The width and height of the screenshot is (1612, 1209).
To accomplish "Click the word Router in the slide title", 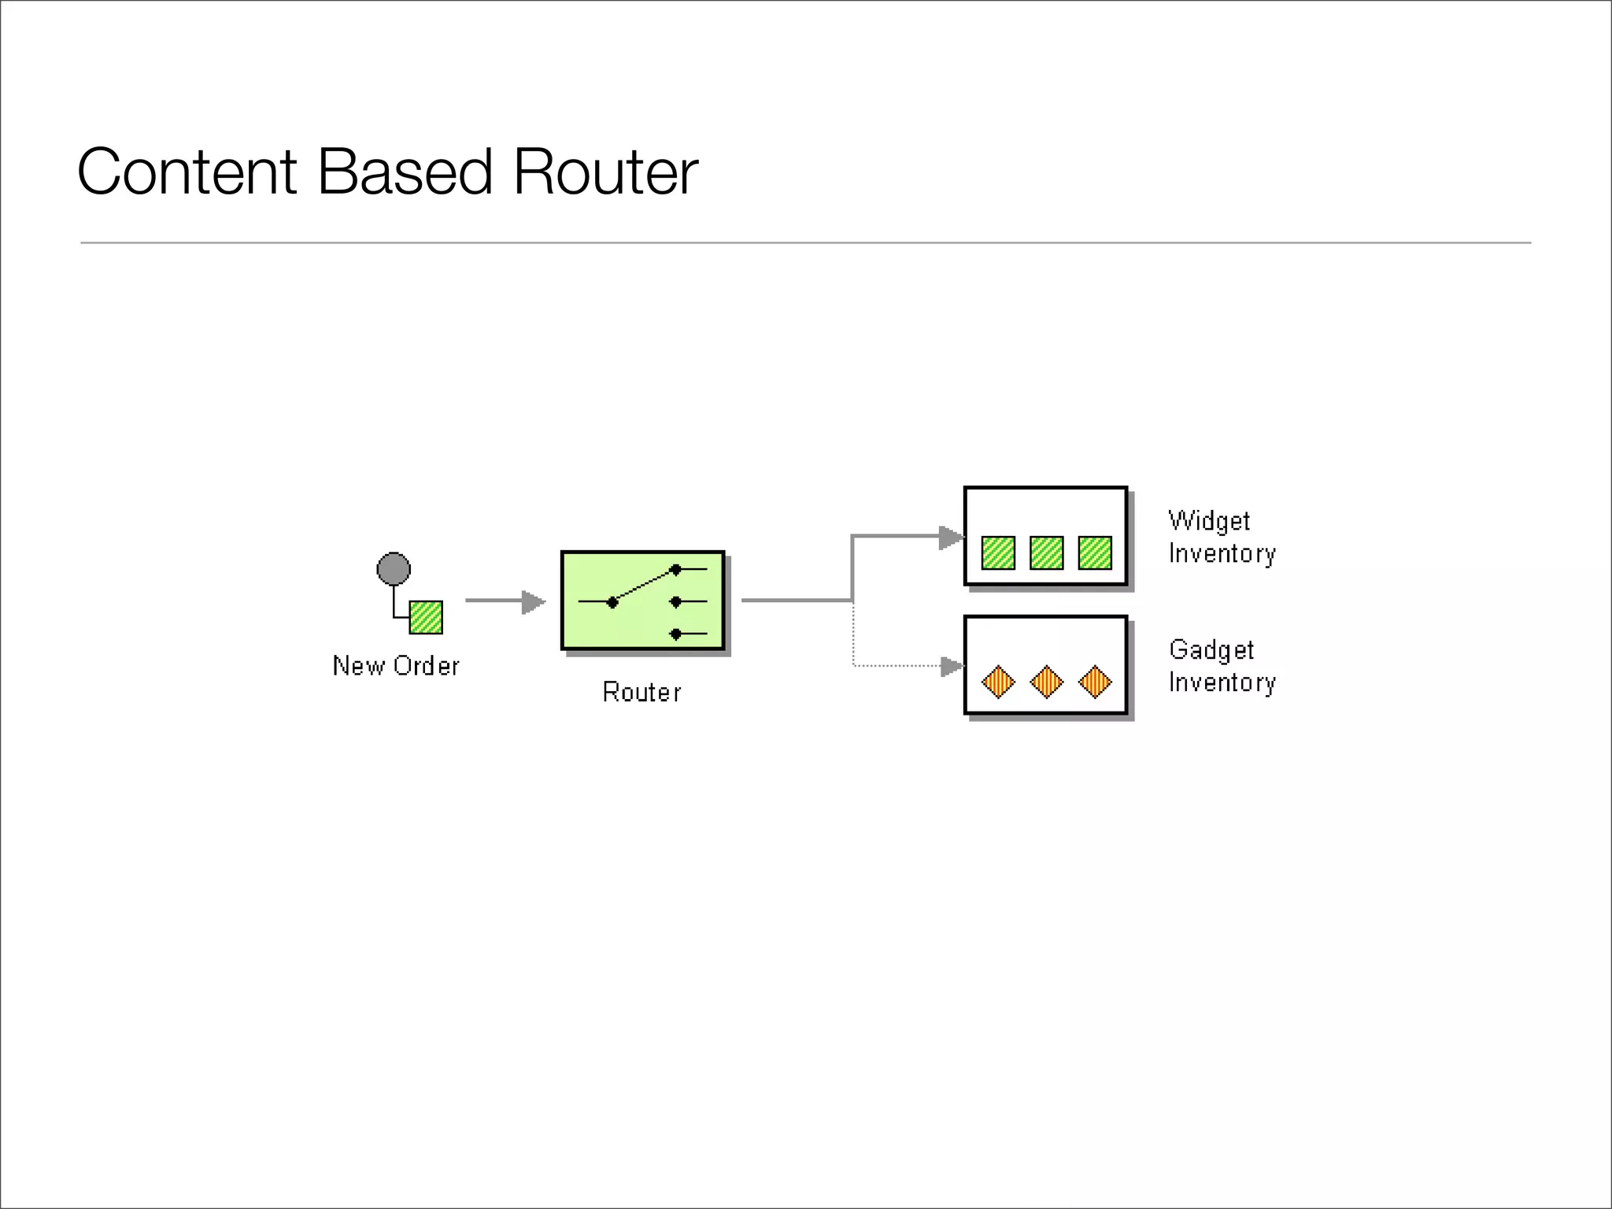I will click(x=605, y=172).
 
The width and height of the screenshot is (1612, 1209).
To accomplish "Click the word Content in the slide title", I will click(x=187, y=172).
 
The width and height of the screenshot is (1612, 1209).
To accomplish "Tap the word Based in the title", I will click(x=405, y=172).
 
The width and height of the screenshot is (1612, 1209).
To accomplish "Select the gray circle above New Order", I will click(x=394, y=568).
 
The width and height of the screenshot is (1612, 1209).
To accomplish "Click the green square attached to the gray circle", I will click(x=426, y=617).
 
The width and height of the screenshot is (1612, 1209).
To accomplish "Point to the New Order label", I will click(x=396, y=666).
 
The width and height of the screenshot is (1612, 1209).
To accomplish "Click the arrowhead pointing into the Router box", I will click(x=534, y=602).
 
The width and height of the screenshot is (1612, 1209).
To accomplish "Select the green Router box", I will click(x=642, y=601).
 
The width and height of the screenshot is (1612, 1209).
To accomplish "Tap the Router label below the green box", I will click(x=641, y=692).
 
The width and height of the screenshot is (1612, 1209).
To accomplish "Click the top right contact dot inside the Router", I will click(x=675, y=569).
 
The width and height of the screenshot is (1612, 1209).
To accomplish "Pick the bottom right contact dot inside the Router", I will click(x=675, y=634).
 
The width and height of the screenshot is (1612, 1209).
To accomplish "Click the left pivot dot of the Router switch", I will click(x=612, y=602).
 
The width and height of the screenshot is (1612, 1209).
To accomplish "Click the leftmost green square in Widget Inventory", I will click(x=998, y=553).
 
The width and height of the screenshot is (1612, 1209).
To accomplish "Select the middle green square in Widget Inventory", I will click(x=1046, y=553).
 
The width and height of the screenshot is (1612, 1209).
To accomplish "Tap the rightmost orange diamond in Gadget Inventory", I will click(x=1095, y=682).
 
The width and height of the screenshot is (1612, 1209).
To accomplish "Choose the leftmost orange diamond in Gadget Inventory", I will click(x=998, y=682).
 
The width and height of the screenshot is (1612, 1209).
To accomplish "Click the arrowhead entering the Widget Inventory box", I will click(x=951, y=538).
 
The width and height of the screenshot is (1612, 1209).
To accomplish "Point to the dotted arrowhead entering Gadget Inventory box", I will click(x=952, y=667).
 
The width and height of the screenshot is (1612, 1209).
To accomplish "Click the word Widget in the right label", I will click(x=1209, y=521).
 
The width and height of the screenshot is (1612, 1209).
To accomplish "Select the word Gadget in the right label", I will click(x=1211, y=650).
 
